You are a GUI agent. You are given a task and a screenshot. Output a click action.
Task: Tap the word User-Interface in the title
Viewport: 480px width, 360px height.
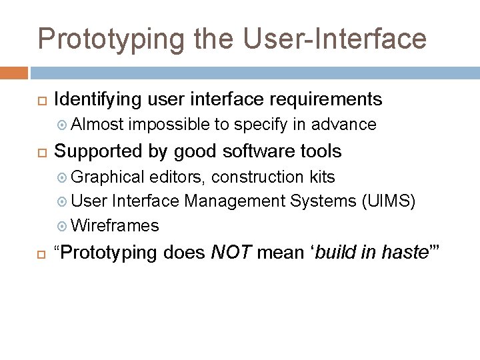pos(335,38)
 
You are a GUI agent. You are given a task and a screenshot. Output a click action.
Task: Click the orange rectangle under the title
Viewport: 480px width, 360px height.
pos(14,72)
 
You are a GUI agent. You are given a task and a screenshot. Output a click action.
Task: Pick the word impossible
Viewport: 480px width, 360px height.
pos(169,125)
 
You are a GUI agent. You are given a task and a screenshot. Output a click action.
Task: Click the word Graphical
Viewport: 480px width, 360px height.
pos(107,177)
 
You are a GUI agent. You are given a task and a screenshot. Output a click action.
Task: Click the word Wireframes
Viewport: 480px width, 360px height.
pos(115,225)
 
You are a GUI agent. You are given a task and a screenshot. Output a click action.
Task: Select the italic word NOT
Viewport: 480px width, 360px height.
pos(231,253)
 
